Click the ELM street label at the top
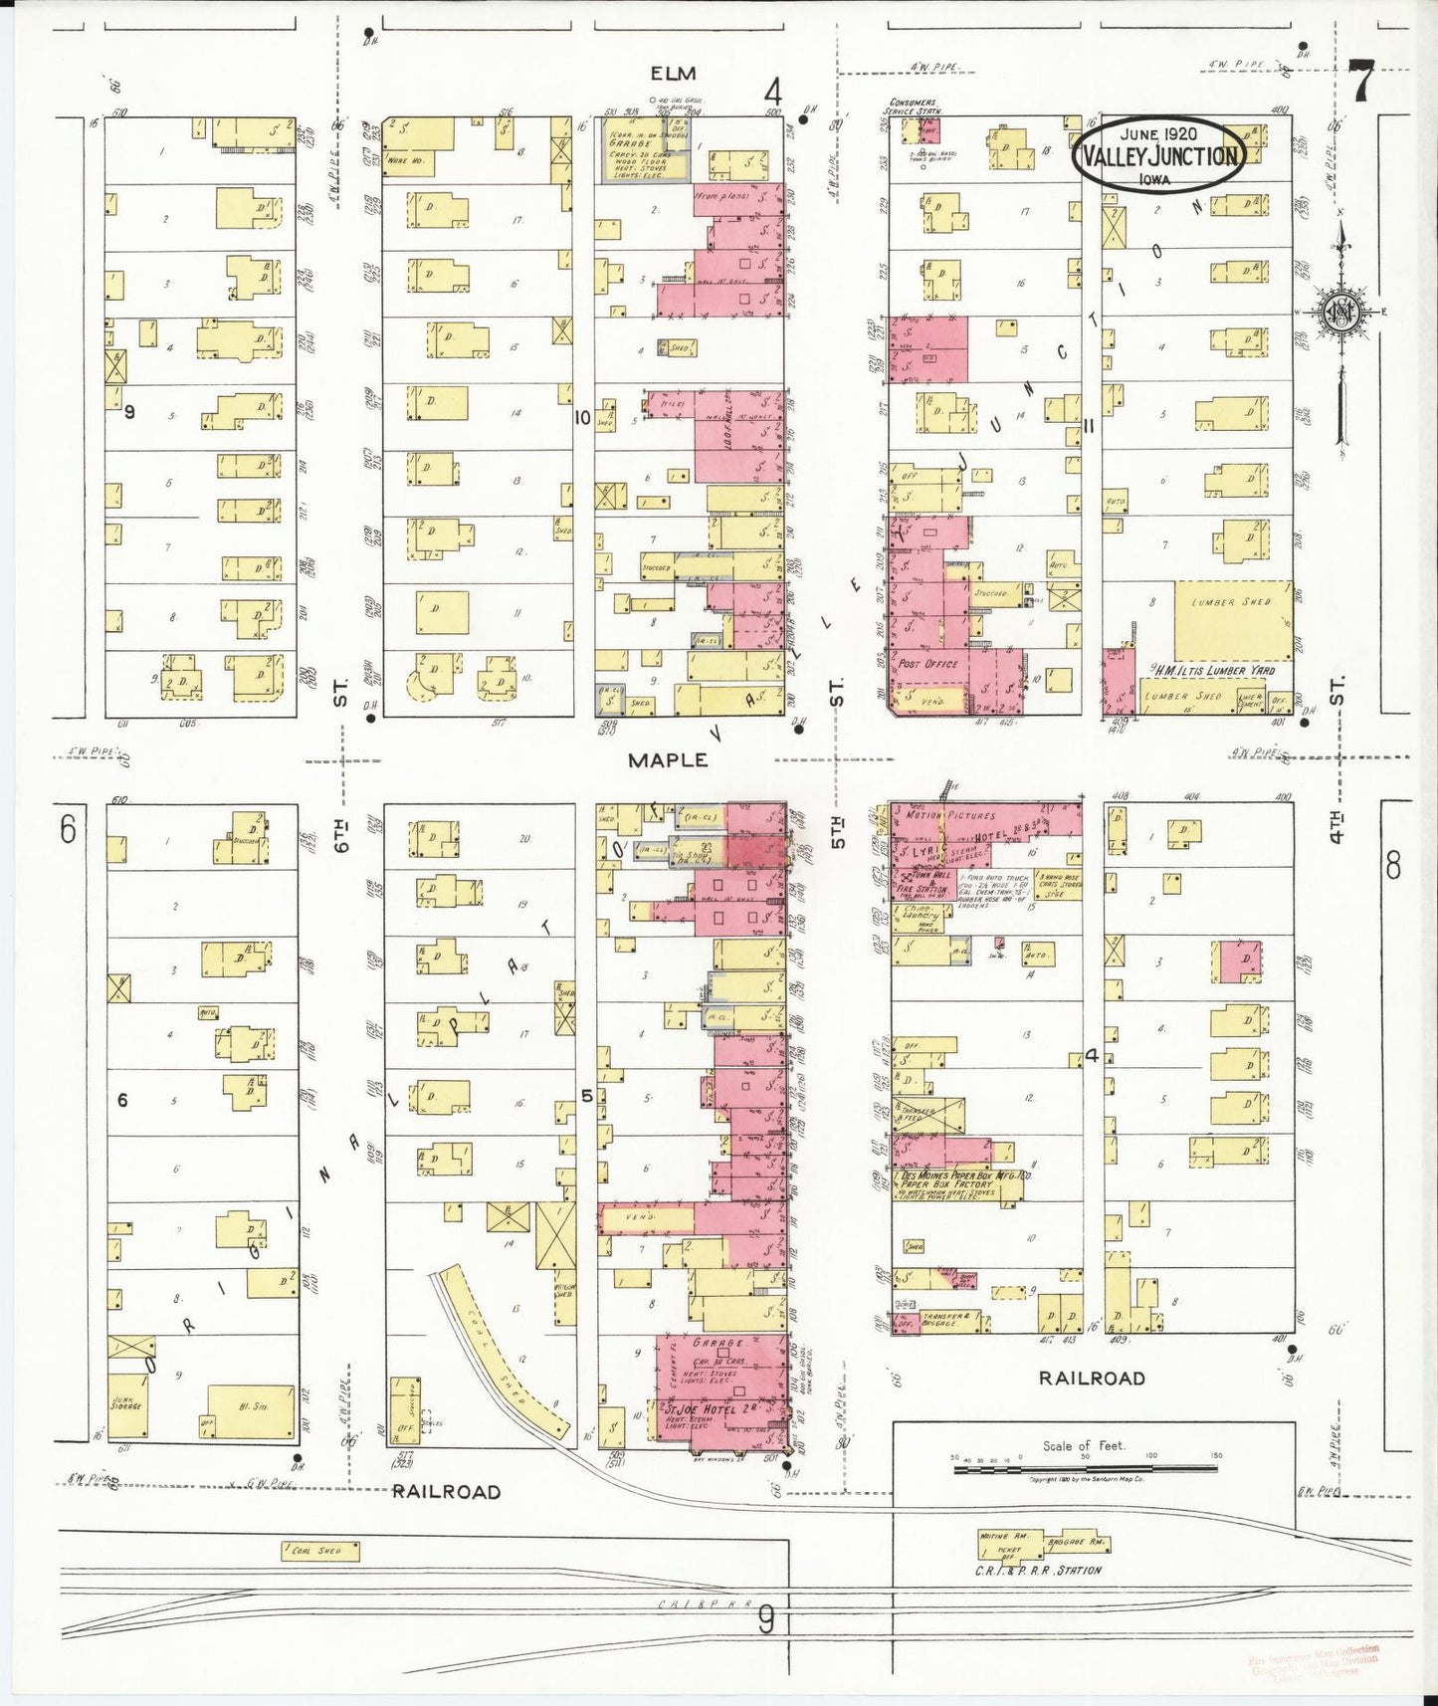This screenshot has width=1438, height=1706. tap(673, 74)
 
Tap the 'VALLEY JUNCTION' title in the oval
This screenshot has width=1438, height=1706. tap(1160, 156)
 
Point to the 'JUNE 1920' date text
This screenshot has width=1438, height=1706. tap(1158, 134)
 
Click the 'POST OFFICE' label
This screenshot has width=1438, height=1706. tap(927, 664)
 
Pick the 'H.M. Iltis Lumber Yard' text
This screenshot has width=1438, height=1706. tap(1215, 670)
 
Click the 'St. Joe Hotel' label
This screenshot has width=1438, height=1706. tap(699, 1410)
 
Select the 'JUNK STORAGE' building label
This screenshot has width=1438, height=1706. tap(124, 1403)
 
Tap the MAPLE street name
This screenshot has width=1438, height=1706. tap(668, 760)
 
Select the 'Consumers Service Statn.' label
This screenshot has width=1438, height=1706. tap(913, 106)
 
